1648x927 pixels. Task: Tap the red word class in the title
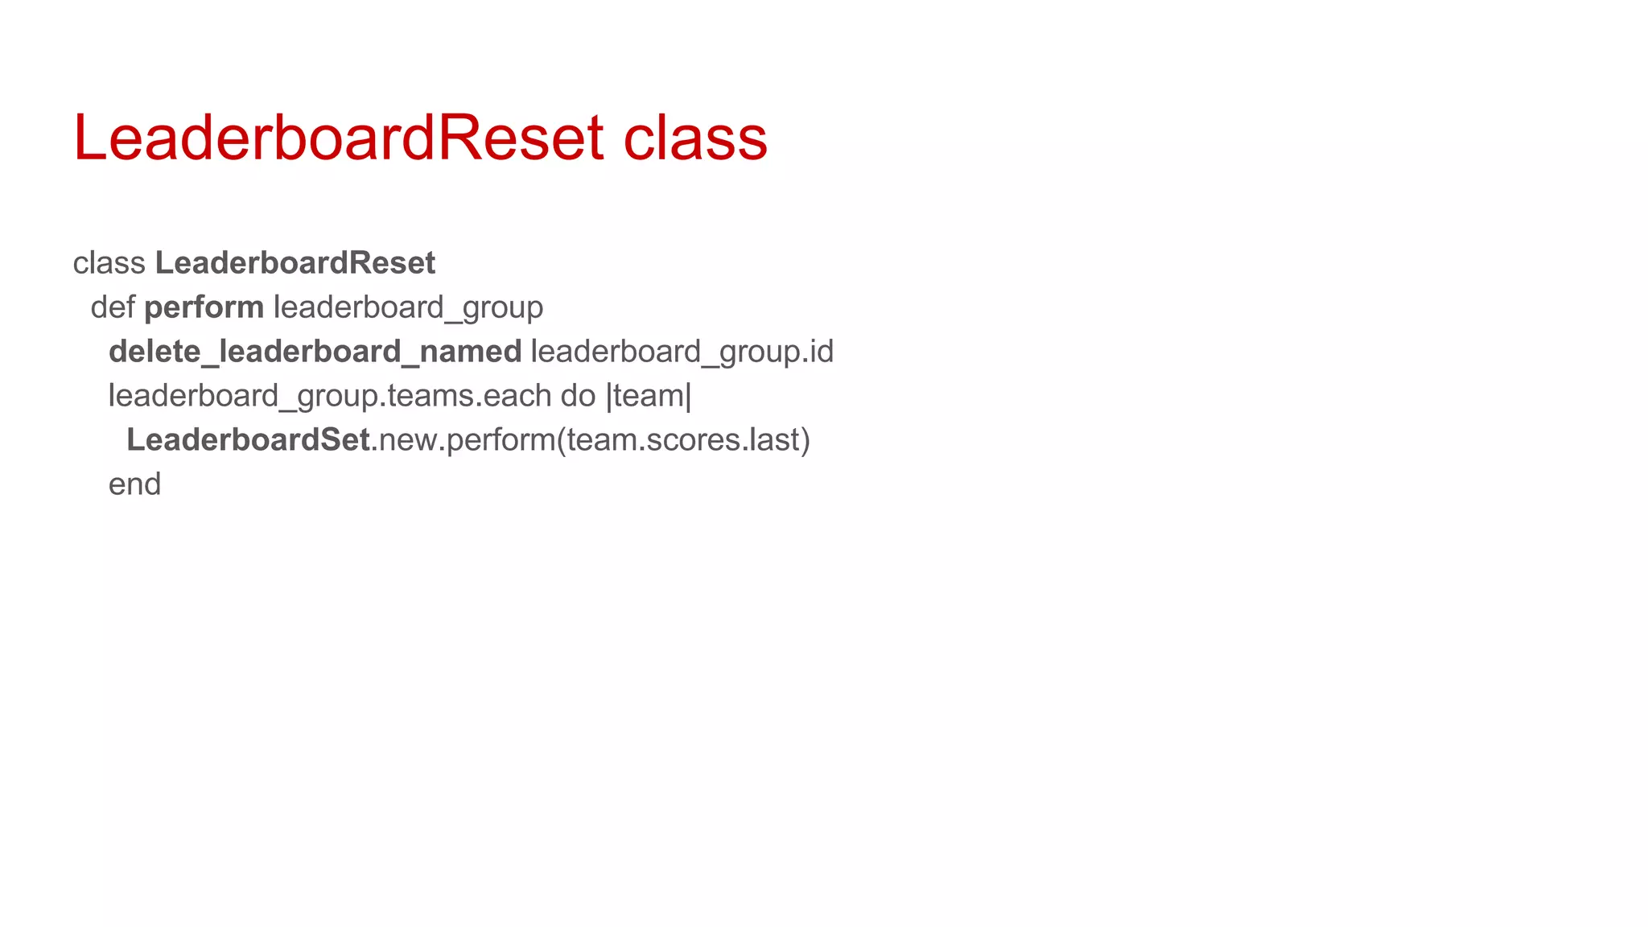[x=695, y=138]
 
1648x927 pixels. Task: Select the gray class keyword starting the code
[x=109, y=263]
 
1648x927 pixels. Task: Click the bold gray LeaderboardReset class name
[x=295, y=263]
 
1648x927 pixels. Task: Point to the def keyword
[x=112, y=307]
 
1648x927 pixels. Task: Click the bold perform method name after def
[x=204, y=307]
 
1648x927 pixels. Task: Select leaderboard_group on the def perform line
[x=408, y=307]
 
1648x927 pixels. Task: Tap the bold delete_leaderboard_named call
[x=315, y=352]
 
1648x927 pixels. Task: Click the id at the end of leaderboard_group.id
[x=820, y=352]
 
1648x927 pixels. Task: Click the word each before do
[x=517, y=396]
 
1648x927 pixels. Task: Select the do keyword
[x=578, y=396]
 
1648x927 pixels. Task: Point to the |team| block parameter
[x=649, y=396]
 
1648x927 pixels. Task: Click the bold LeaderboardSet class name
[x=248, y=440]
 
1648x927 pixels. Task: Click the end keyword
[x=134, y=484]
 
